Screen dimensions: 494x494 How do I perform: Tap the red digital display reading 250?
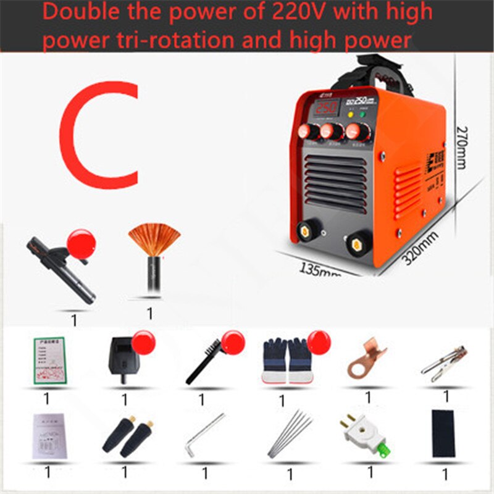pos(326,107)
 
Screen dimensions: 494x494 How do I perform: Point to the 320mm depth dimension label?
pos(419,246)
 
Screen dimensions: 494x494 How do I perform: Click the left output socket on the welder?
pos(306,231)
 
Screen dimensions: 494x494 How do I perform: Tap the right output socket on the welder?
pos(356,243)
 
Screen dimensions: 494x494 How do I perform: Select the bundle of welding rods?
pos(290,435)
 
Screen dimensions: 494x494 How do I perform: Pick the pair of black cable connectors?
pos(127,436)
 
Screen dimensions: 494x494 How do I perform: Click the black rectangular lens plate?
pos(443,434)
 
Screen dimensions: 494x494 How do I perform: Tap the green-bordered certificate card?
pos(49,361)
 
